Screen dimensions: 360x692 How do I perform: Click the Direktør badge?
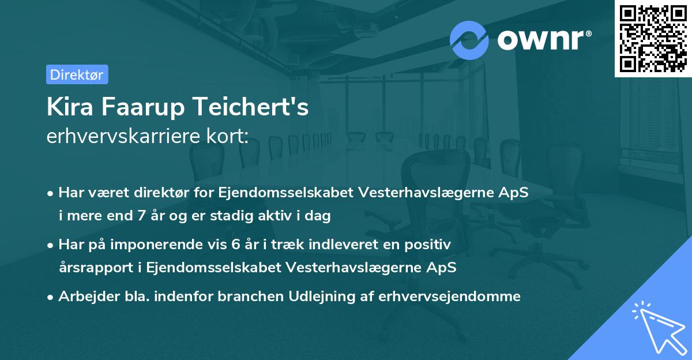[x=77, y=74]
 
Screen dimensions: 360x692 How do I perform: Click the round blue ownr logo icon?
[x=469, y=39]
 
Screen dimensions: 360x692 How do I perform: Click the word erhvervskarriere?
[x=118, y=137]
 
